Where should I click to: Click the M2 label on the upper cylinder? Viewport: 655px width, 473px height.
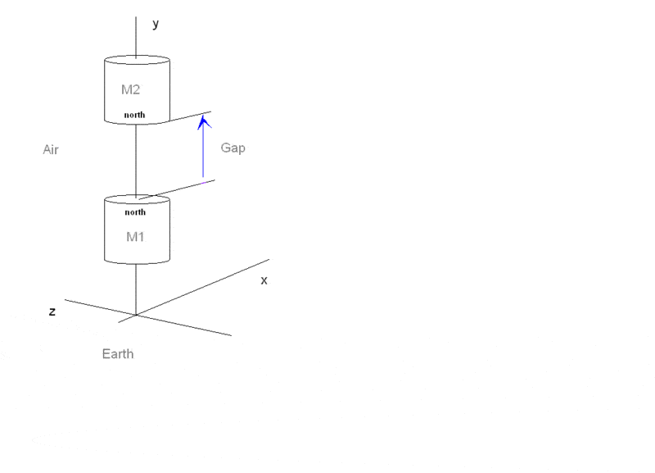(131, 89)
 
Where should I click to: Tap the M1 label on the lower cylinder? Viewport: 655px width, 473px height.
(135, 236)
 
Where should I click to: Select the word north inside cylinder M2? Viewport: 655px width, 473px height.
(134, 116)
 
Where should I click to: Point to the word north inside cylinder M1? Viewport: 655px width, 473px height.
(135, 212)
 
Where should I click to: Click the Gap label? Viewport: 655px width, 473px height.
(233, 148)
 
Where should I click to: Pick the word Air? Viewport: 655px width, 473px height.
(51, 150)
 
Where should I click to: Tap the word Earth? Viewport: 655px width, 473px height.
(117, 354)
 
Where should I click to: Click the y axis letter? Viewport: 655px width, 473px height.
(156, 25)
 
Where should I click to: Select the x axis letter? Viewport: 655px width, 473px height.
(264, 280)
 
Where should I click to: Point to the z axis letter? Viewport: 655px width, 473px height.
(52, 312)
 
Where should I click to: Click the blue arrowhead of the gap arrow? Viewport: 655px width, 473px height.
(204, 121)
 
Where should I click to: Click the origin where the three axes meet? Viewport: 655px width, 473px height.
(136, 314)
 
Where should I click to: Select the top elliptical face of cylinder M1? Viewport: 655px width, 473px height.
(136, 199)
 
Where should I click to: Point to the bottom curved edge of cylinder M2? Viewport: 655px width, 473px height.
(123, 123)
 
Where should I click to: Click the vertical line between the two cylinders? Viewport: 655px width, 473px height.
(136, 160)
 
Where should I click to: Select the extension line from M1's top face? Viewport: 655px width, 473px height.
(180, 189)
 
